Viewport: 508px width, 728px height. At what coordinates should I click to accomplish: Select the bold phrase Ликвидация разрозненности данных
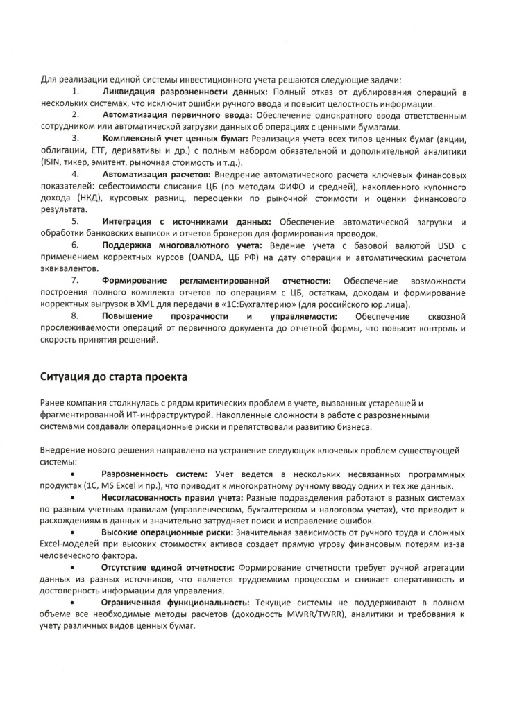point(187,92)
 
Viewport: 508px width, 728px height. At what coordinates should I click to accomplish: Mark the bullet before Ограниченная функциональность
point(74,603)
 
